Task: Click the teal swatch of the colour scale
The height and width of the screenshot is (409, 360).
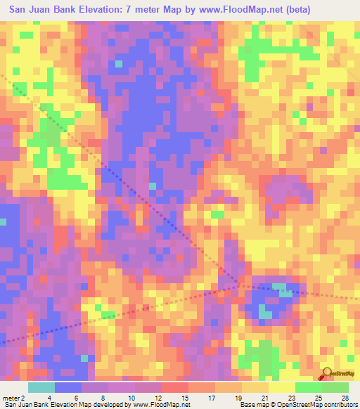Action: pyautogui.click(x=41, y=387)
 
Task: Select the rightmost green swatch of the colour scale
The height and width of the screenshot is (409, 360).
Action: pyautogui.click(x=335, y=387)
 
